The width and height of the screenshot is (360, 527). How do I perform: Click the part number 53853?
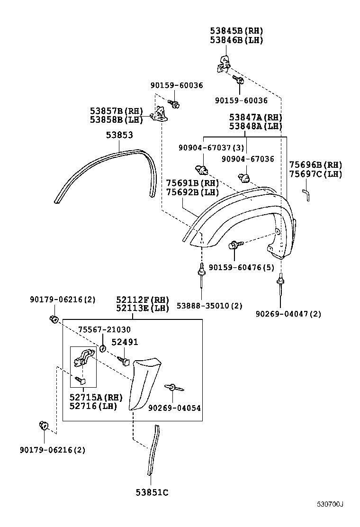click(x=119, y=135)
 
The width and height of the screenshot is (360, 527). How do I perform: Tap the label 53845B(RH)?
click(x=236, y=31)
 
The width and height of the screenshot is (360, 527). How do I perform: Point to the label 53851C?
click(x=152, y=492)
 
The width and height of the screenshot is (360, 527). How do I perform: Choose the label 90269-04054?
click(x=174, y=408)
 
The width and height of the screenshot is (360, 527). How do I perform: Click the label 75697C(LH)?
click(x=315, y=174)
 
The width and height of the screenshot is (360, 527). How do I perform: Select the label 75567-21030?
click(x=104, y=329)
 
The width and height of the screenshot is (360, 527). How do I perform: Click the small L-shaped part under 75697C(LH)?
click(x=306, y=194)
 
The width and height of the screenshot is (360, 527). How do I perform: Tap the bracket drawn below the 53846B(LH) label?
click(x=224, y=63)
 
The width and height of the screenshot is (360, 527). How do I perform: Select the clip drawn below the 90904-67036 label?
click(x=246, y=177)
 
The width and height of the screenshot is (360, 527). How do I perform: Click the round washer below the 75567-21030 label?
click(x=103, y=350)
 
